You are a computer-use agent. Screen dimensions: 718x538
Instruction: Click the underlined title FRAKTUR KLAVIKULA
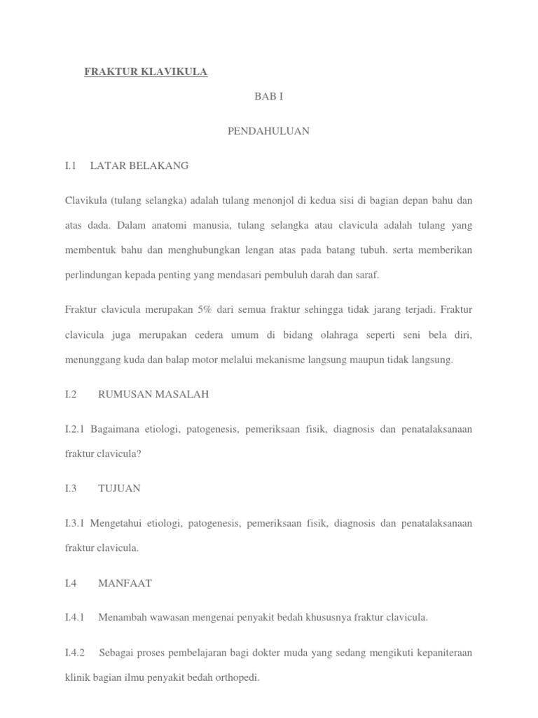click(x=146, y=72)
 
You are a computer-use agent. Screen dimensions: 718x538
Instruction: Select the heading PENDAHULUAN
click(x=268, y=131)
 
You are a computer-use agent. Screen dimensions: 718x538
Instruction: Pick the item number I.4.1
click(x=74, y=618)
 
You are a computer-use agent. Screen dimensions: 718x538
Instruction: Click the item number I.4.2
click(x=74, y=652)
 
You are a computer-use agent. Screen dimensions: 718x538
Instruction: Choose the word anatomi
click(x=165, y=225)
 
